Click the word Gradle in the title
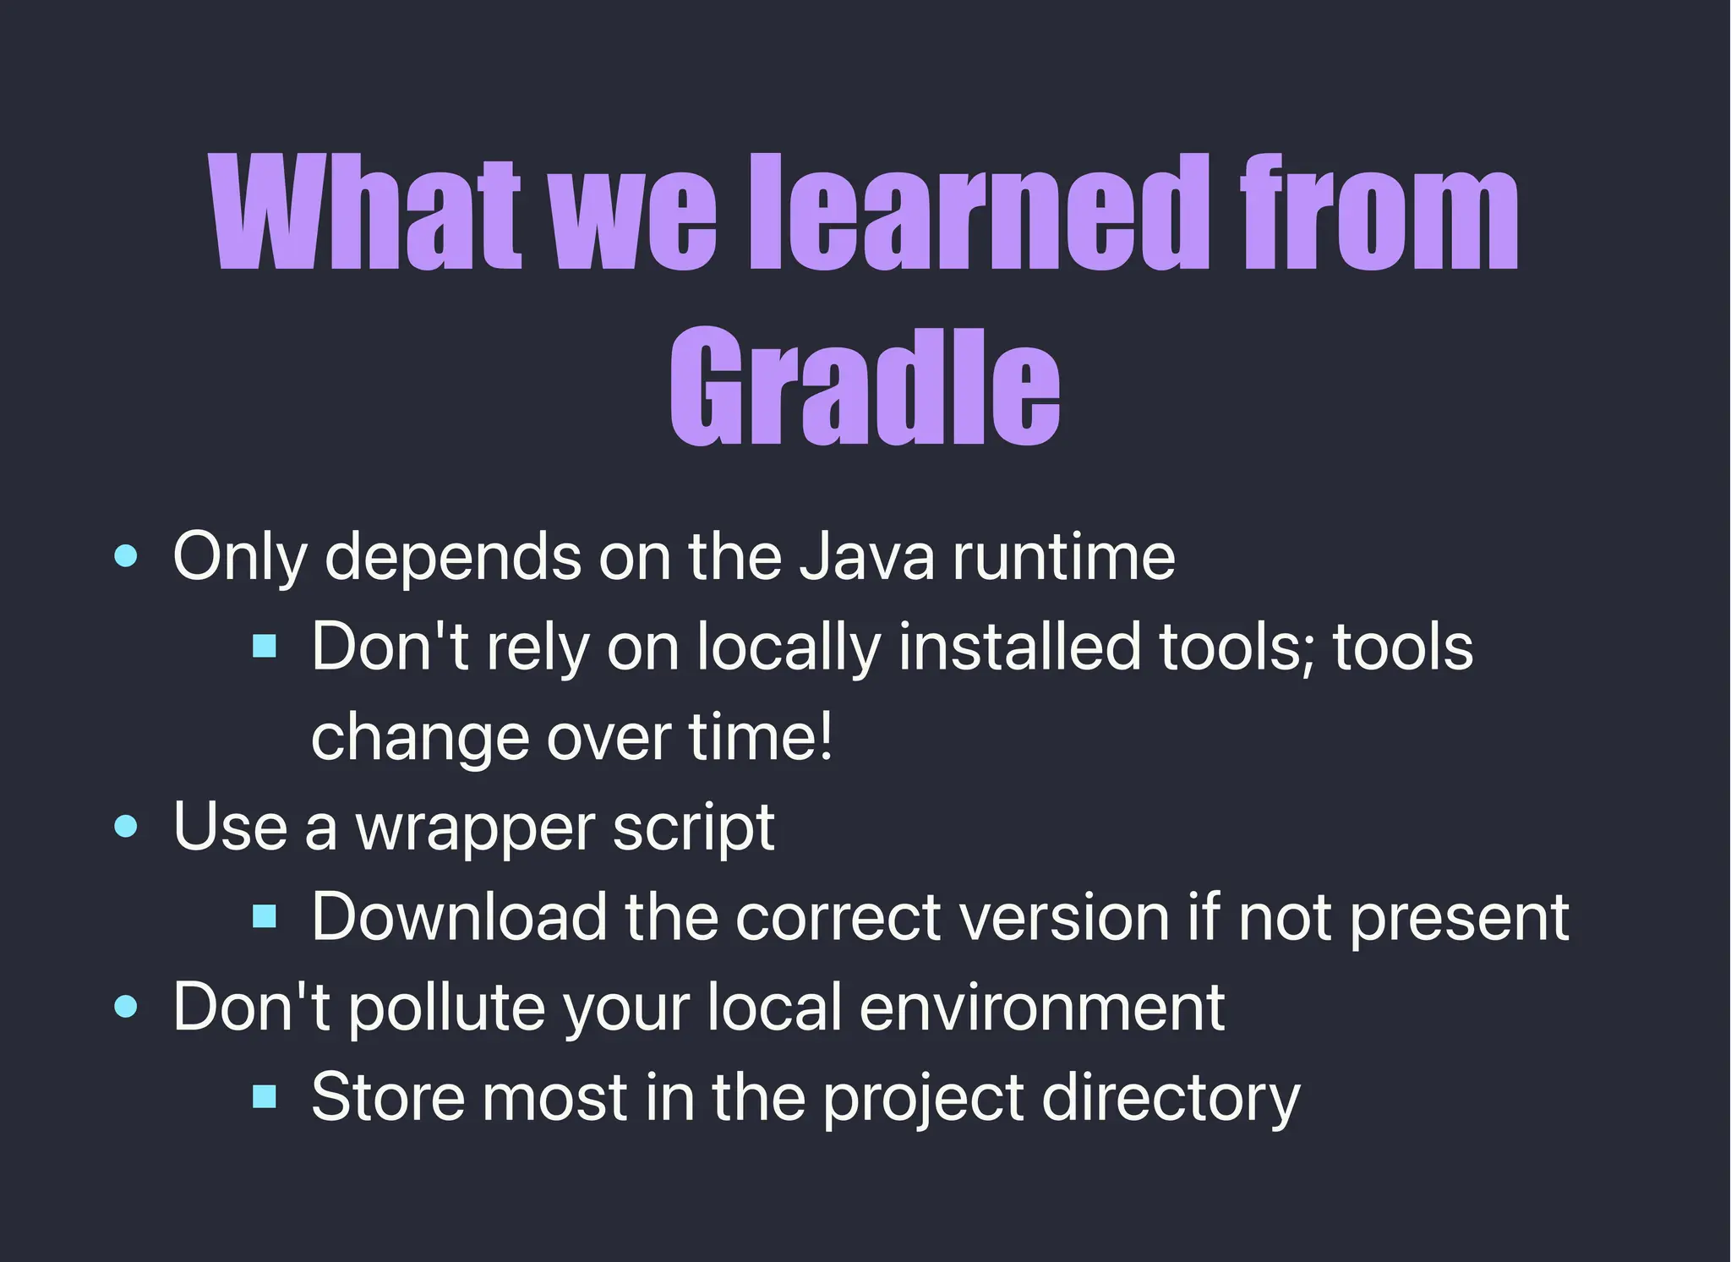[865, 387]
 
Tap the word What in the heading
[365, 213]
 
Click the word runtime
[1063, 557]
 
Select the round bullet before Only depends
[126, 556]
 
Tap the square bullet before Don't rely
[265, 647]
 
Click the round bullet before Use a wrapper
[126, 827]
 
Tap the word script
[693, 828]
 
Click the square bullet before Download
[265, 917]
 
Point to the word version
[1065, 917]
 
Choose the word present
[1459, 919]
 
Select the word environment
[1041, 1008]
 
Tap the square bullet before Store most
[265, 1097]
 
